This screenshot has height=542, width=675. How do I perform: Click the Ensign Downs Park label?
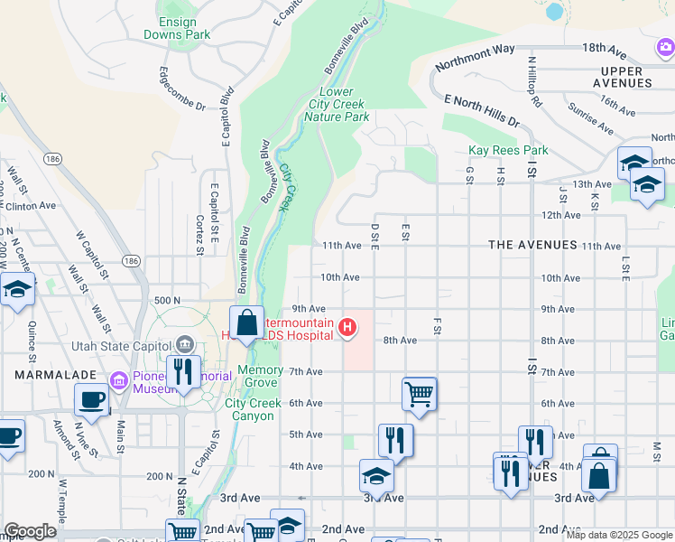pos(177,27)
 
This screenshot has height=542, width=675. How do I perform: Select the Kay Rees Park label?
pos(508,150)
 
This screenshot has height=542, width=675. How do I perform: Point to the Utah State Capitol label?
pos(120,346)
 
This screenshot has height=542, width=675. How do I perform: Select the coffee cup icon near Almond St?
pos(91,400)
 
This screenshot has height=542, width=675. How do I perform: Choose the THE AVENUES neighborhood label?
pos(532,245)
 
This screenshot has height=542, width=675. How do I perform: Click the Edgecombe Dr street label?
pos(181,89)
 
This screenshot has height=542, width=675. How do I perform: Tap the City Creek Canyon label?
pos(248,410)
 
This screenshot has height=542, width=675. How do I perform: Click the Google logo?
pos(29,531)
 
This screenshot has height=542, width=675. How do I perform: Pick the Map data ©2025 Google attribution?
pos(618,535)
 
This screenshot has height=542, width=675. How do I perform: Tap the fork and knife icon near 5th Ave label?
pos(395,441)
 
